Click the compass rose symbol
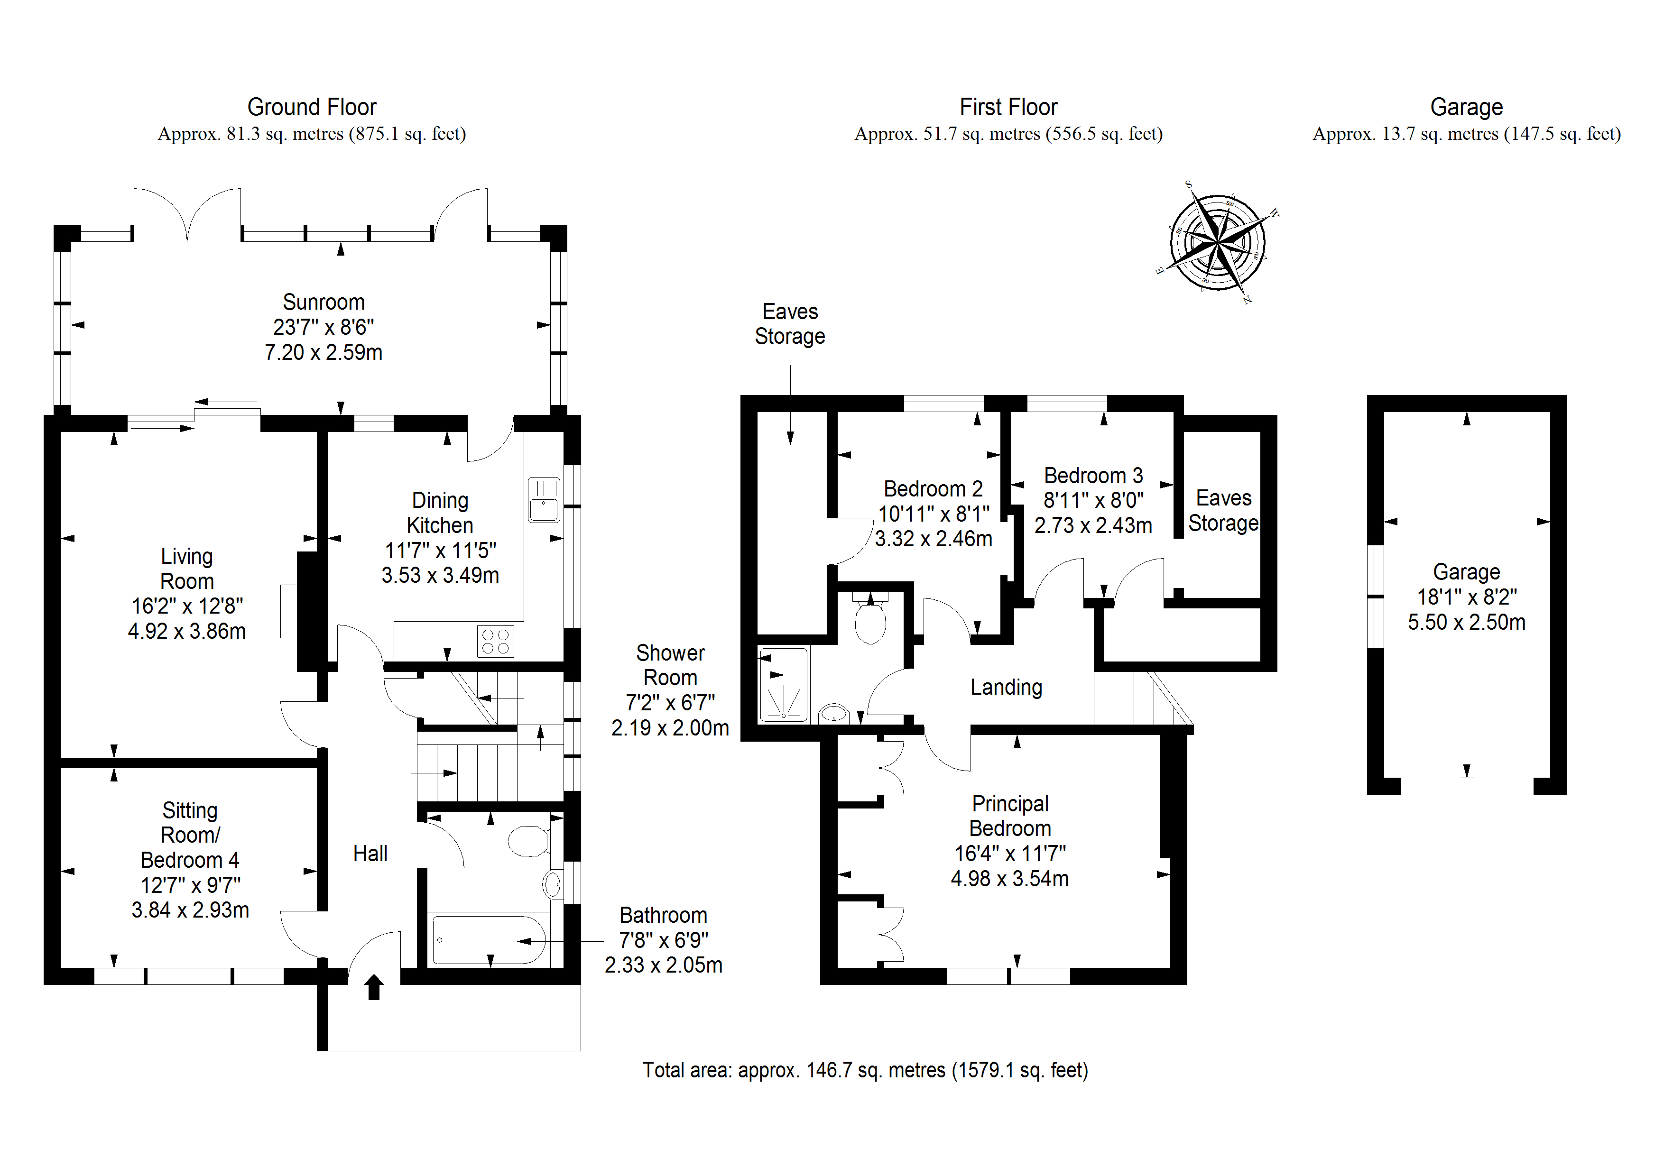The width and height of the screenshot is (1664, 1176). [1218, 242]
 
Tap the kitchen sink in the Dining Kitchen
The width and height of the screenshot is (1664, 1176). [544, 499]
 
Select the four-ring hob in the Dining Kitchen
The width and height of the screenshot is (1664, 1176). [496, 641]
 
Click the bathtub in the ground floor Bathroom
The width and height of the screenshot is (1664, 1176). [489, 940]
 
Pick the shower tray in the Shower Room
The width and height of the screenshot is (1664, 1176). [783, 685]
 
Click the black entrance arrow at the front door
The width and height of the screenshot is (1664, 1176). [374, 987]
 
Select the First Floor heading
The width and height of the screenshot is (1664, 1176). [1008, 107]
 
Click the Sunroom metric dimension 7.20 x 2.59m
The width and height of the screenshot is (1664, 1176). [323, 353]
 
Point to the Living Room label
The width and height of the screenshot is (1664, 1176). [187, 569]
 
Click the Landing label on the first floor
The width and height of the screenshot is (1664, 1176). [1006, 687]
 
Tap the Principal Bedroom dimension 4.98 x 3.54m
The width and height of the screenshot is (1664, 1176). [1009, 879]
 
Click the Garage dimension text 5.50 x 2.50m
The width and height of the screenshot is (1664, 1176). [1466, 623]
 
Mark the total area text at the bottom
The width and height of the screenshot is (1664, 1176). [865, 1070]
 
